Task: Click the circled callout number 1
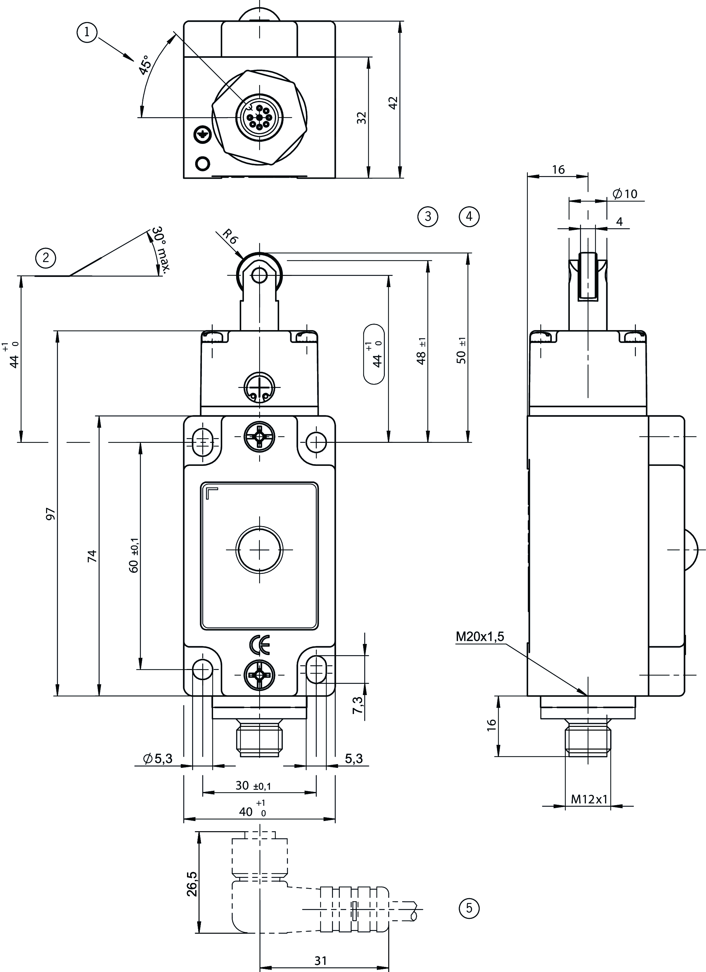tap(87, 32)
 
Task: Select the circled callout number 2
tap(46, 258)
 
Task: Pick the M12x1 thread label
tap(589, 799)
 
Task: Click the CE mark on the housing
tap(259, 645)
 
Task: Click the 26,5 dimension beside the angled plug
tap(192, 884)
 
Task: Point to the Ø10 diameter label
tap(625, 194)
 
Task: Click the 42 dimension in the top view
tap(393, 103)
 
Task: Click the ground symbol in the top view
tap(201, 135)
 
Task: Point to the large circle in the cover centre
tap(259, 550)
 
